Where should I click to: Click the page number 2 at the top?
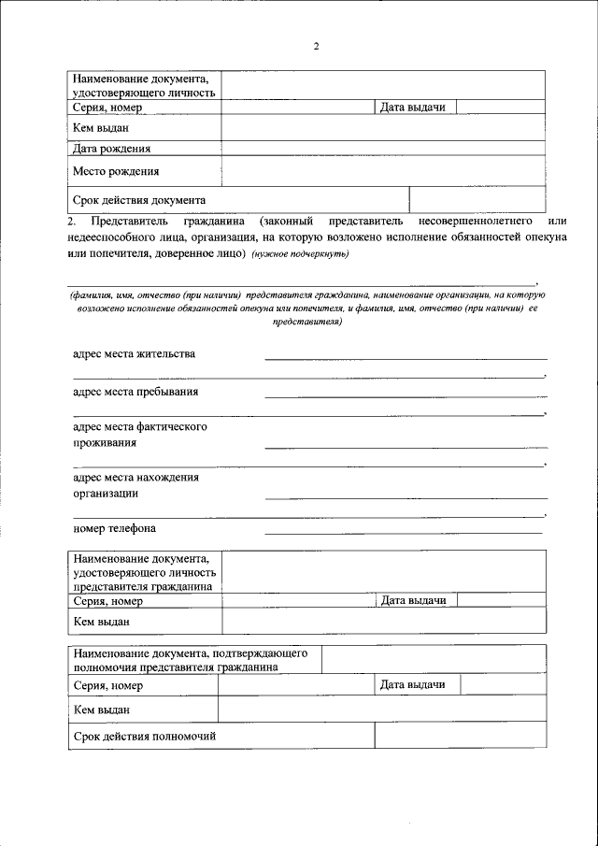(316, 47)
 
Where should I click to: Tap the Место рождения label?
(116, 171)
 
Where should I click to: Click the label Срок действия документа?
(139, 200)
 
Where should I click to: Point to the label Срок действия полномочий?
(145, 737)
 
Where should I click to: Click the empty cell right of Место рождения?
(383, 171)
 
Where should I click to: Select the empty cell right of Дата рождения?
(383, 148)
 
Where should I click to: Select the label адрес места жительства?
(135, 354)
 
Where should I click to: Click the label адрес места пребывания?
(135, 392)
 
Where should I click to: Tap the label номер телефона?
(114, 528)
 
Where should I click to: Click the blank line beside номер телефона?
(404, 531)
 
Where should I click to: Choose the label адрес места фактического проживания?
(140, 435)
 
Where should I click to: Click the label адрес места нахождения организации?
(136, 485)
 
